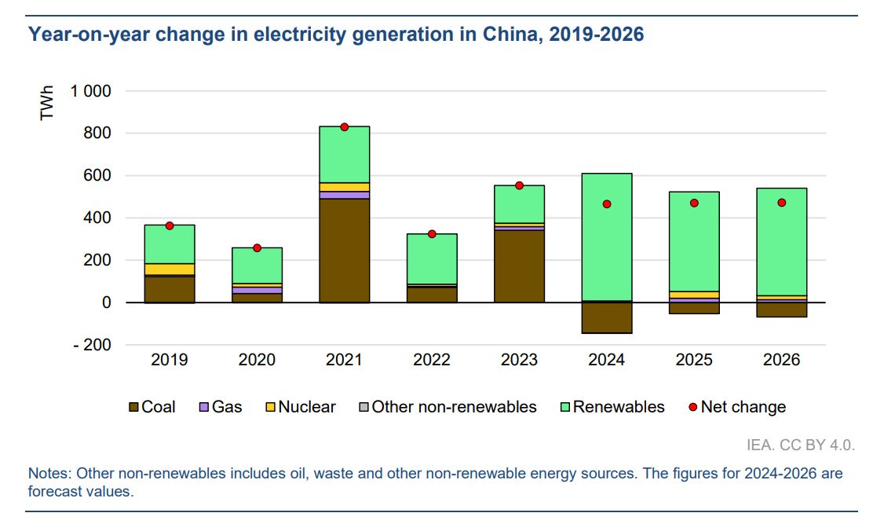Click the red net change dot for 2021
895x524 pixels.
(344, 127)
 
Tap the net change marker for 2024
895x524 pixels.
(606, 204)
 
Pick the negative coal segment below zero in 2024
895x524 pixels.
(606, 318)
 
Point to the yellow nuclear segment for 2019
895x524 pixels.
(170, 269)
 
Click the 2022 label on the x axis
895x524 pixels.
(431, 360)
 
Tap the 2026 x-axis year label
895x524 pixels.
(781, 360)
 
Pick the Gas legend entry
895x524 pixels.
(221, 407)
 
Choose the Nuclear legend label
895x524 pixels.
(306, 407)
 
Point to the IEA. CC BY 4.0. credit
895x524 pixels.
(801, 445)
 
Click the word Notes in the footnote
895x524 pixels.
(48, 475)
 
